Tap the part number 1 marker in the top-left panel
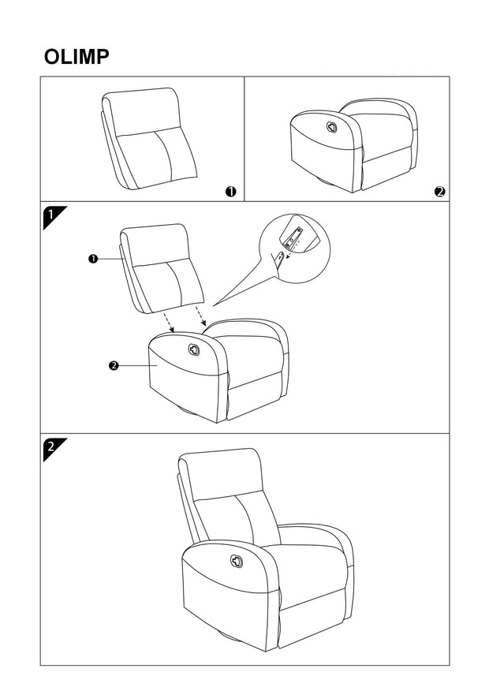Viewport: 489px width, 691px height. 231,191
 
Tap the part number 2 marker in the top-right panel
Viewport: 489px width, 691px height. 439,191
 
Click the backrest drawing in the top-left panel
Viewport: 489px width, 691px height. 150,138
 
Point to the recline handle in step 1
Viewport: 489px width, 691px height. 195,349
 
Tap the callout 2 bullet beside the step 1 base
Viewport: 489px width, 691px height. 114,365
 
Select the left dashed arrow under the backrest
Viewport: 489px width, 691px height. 168,320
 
